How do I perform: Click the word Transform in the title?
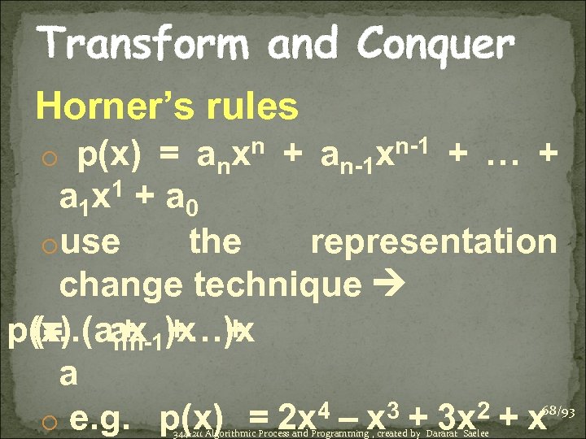tap(138, 42)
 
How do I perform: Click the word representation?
tap(434, 241)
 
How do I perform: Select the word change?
tap(121, 284)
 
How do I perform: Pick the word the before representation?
tap(215, 241)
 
